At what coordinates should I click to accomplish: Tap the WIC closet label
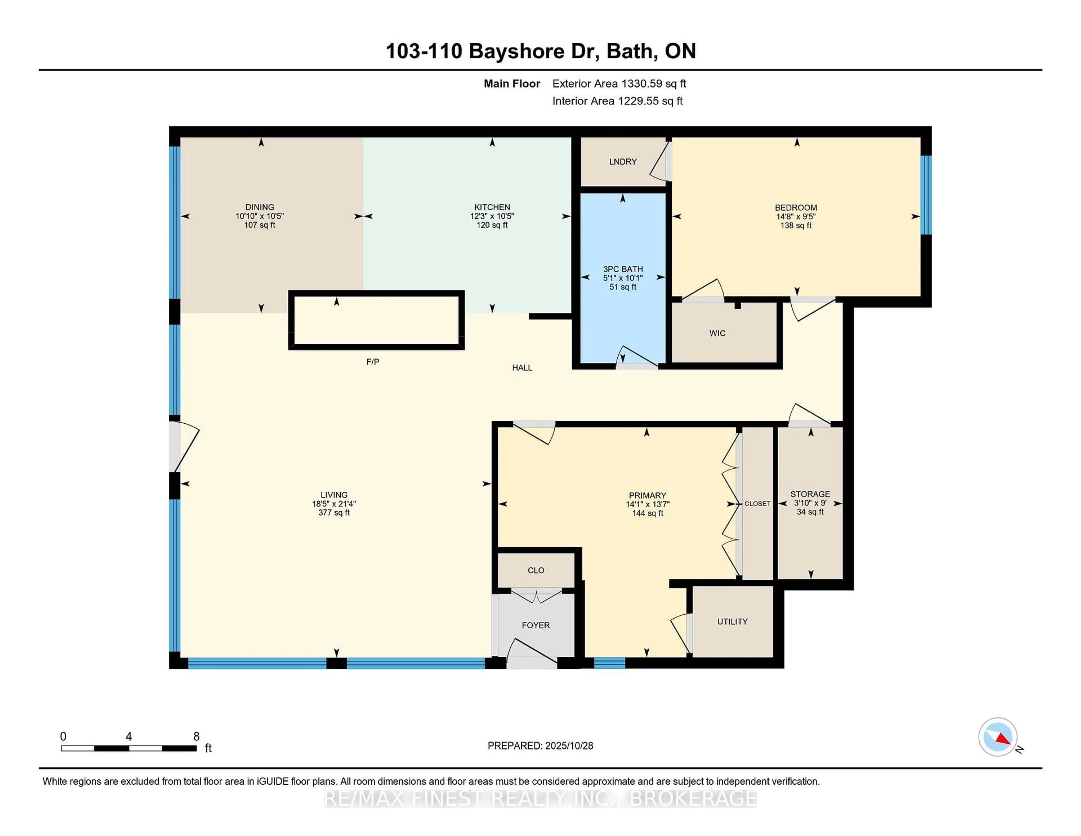pyautogui.click(x=717, y=333)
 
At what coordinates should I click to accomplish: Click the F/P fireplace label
pyautogui.click(x=373, y=362)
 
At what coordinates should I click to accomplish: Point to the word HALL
pyautogui.click(x=522, y=368)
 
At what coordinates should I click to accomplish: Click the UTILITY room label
pyautogui.click(x=732, y=622)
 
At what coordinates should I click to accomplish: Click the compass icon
pyautogui.click(x=997, y=737)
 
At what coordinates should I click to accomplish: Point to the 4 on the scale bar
pyautogui.click(x=129, y=737)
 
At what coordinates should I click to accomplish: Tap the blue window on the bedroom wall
pyautogui.click(x=926, y=195)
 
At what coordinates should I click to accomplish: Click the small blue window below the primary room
pyautogui.click(x=609, y=663)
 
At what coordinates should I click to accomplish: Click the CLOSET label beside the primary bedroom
pyautogui.click(x=757, y=504)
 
